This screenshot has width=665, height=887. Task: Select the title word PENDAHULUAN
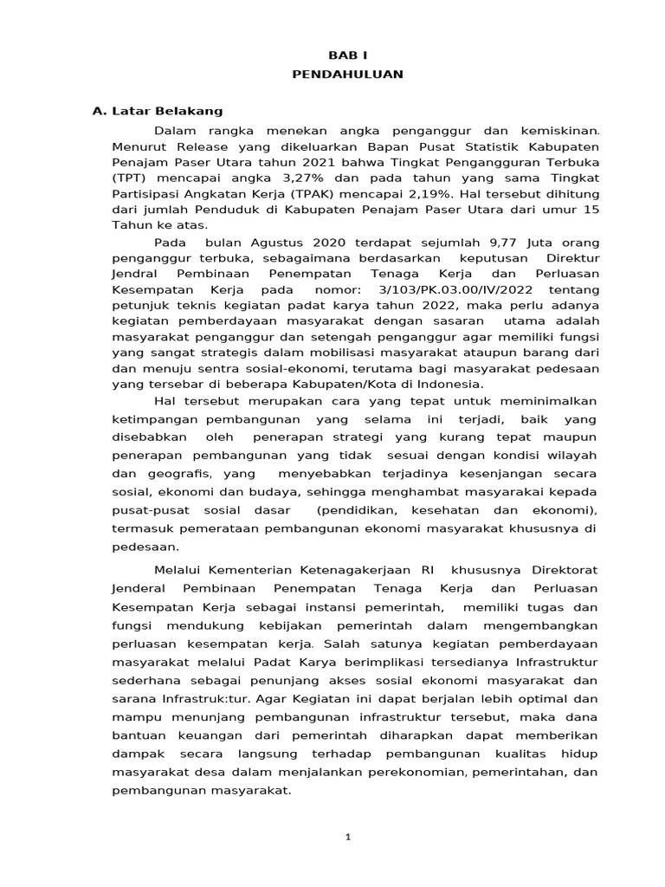click(346, 74)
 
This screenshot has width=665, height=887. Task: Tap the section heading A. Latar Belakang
click(158, 111)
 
